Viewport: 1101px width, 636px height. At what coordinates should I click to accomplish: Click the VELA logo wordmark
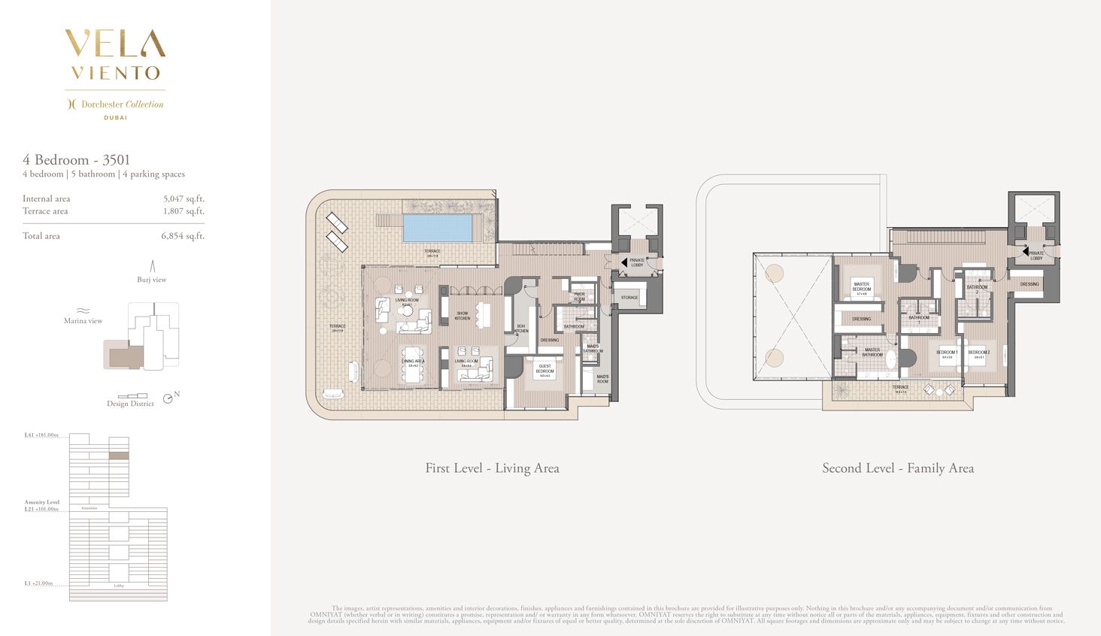coord(115,44)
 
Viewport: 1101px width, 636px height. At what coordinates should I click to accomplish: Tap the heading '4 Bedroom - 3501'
coord(76,159)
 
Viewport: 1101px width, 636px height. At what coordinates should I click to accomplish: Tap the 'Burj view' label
coord(152,280)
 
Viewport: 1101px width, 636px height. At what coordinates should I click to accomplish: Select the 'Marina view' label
coord(83,321)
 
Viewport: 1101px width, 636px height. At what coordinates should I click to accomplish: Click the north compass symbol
coord(168,398)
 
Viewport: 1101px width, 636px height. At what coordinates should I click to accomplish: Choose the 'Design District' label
coord(130,404)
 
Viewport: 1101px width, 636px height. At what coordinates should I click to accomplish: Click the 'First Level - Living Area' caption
coord(492,468)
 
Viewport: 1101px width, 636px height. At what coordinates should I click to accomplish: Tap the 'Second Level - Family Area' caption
coord(897,468)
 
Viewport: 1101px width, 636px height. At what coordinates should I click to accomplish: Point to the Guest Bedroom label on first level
coord(544,368)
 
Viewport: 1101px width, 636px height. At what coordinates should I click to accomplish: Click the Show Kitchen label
coord(462,316)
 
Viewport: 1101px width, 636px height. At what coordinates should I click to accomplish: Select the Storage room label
coord(629,298)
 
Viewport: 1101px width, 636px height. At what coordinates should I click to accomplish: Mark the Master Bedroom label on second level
coord(861,287)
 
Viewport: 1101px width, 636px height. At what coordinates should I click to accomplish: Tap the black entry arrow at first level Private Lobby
coord(623,262)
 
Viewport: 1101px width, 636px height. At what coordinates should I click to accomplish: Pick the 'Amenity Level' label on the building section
coord(41,502)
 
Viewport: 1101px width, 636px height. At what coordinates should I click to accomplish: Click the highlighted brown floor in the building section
coord(119,456)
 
